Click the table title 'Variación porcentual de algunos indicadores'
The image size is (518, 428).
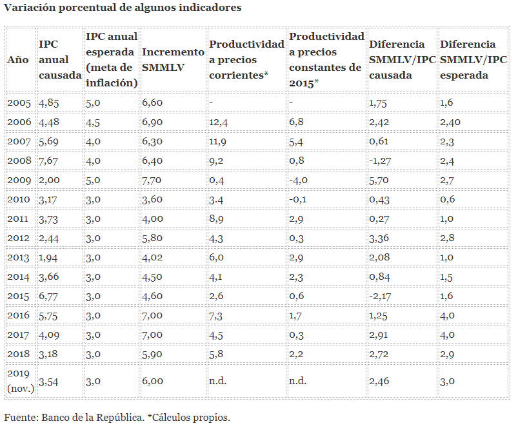(123, 8)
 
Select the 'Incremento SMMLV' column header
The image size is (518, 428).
(172, 59)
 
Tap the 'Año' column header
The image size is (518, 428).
(18, 59)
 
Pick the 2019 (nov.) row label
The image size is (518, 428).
(21, 381)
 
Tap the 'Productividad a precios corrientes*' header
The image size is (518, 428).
(246, 59)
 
